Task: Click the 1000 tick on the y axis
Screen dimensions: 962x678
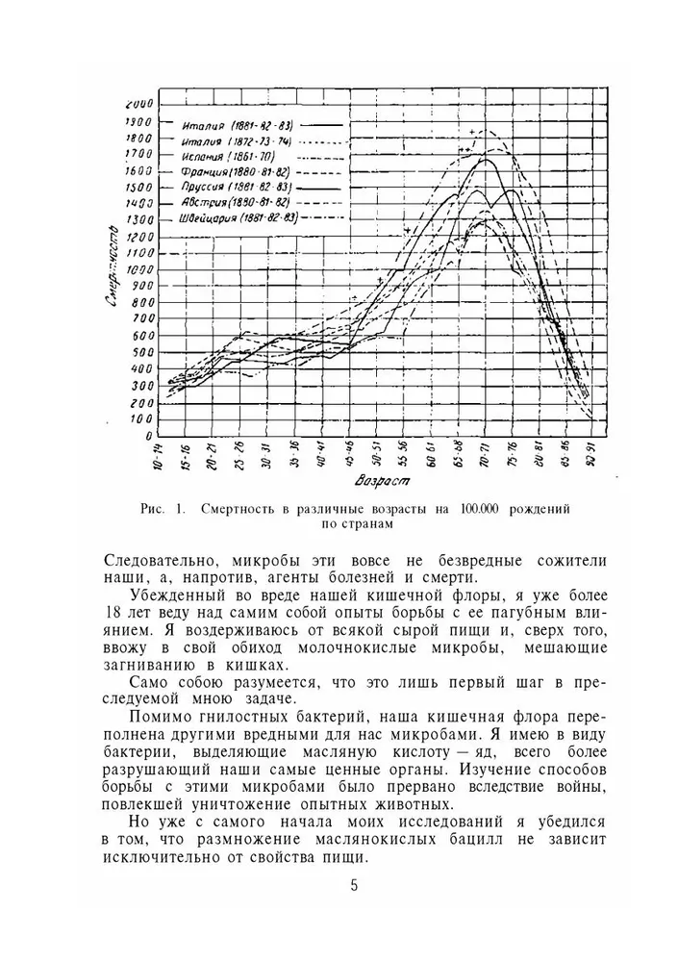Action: tap(139, 269)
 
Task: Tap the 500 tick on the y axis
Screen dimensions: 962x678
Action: tap(139, 352)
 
